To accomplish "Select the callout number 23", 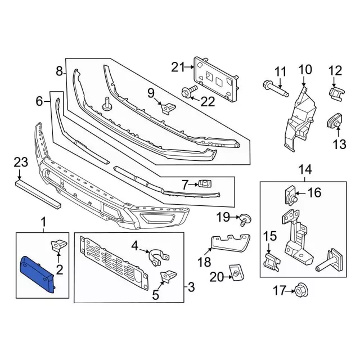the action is click(21, 162).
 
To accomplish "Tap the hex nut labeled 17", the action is click(301, 291).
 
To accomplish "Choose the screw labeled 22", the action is click(189, 92).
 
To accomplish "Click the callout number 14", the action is click(305, 170).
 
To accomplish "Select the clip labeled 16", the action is click(291, 195).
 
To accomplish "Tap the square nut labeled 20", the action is click(237, 272).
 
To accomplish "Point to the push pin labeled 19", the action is click(245, 219).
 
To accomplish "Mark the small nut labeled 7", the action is click(205, 184).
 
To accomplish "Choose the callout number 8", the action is click(59, 71).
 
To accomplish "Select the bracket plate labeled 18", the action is click(230, 243).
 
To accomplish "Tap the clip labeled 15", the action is click(272, 262).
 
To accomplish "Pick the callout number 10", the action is click(305, 70).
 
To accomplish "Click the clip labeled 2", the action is click(58, 245).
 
